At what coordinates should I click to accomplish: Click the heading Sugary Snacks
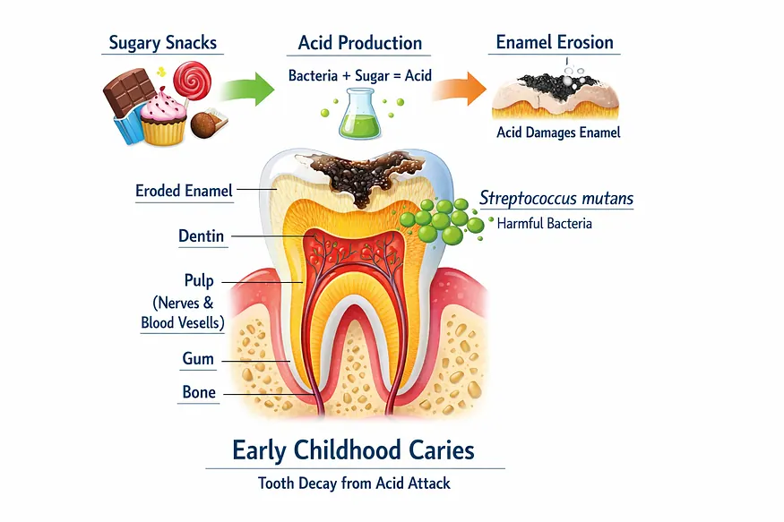[x=162, y=43]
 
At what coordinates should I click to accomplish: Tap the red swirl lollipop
[x=192, y=81]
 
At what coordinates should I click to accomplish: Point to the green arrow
[x=247, y=89]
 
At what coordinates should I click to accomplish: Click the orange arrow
[x=459, y=89]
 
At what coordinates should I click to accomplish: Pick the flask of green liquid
[x=360, y=114]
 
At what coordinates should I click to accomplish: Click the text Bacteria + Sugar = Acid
[x=359, y=75]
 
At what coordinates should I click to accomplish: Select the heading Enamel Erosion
[x=555, y=42]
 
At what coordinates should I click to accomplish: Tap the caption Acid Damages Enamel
[x=558, y=133]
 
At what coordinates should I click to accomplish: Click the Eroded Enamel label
[x=184, y=191]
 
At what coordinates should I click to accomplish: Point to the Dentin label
[x=201, y=235]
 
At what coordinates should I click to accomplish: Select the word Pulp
[x=199, y=281]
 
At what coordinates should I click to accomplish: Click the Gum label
[x=198, y=359]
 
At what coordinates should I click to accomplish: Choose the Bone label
[x=199, y=392]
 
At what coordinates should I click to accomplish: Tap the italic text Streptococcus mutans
[x=556, y=198]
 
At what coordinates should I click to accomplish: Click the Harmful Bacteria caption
[x=545, y=223]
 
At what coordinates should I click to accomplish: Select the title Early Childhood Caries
[x=354, y=450]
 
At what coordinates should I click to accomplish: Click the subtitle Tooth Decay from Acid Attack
[x=354, y=483]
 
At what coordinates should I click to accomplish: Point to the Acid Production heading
[x=360, y=43]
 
